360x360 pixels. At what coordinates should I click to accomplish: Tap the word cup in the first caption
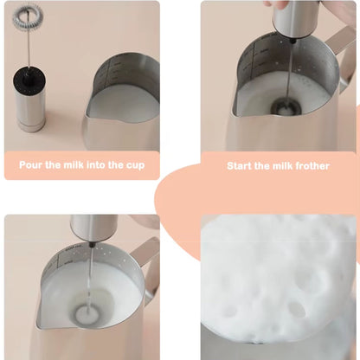[135, 165]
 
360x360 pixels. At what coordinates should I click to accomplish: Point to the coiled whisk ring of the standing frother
[28, 15]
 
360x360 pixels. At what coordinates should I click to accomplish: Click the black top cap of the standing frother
[29, 77]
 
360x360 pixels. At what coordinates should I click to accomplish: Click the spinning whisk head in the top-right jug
[286, 107]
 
